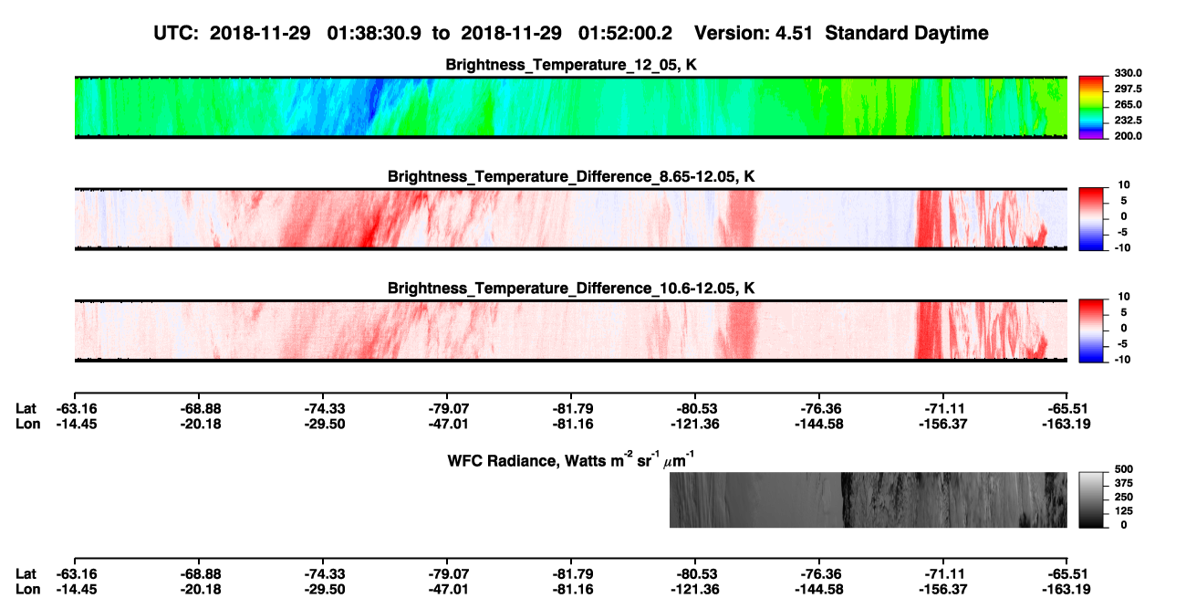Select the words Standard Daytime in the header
point(907,34)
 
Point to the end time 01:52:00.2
point(625,33)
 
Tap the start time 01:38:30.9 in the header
point(374,33)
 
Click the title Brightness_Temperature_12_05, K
point(571,65)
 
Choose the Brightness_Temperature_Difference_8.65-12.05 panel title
point(571,176)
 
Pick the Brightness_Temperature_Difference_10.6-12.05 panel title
point(571,289)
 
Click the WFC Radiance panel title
point(571,460)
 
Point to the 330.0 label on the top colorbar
point(1128,73)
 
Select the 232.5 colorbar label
point(1128,121)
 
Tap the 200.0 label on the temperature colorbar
point(1128,136)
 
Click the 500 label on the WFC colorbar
point(1124,469)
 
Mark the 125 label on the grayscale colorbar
point(1124,511)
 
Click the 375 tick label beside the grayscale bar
point(1124,483)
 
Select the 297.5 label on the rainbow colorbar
point(1128,89)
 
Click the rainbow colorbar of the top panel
point(1091,108)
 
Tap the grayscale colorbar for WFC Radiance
point(1091,499)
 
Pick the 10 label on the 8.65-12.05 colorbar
point(1124,185)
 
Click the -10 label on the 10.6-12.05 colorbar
point(1122,360)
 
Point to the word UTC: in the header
point(176,33)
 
